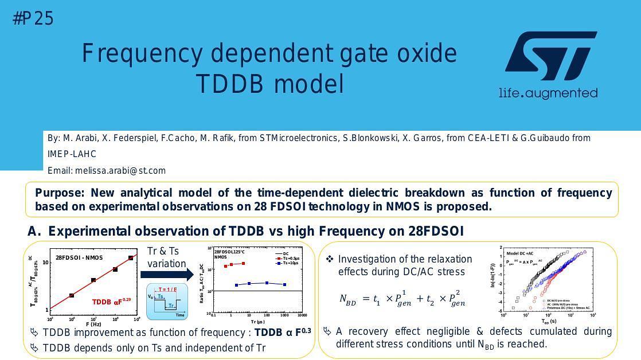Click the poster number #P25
tap(33, 19)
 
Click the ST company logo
tap(550, 56)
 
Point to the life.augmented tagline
tap(548, 93)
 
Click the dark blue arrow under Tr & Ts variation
tap(166, 275)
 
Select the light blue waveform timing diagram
tap(167, 302)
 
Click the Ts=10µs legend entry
tap(288, 263)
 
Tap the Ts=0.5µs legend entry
tap(288, 258)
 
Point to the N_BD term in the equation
tap(348, 299)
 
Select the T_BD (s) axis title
tap(549, 322)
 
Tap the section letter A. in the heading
tap(34, 231)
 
